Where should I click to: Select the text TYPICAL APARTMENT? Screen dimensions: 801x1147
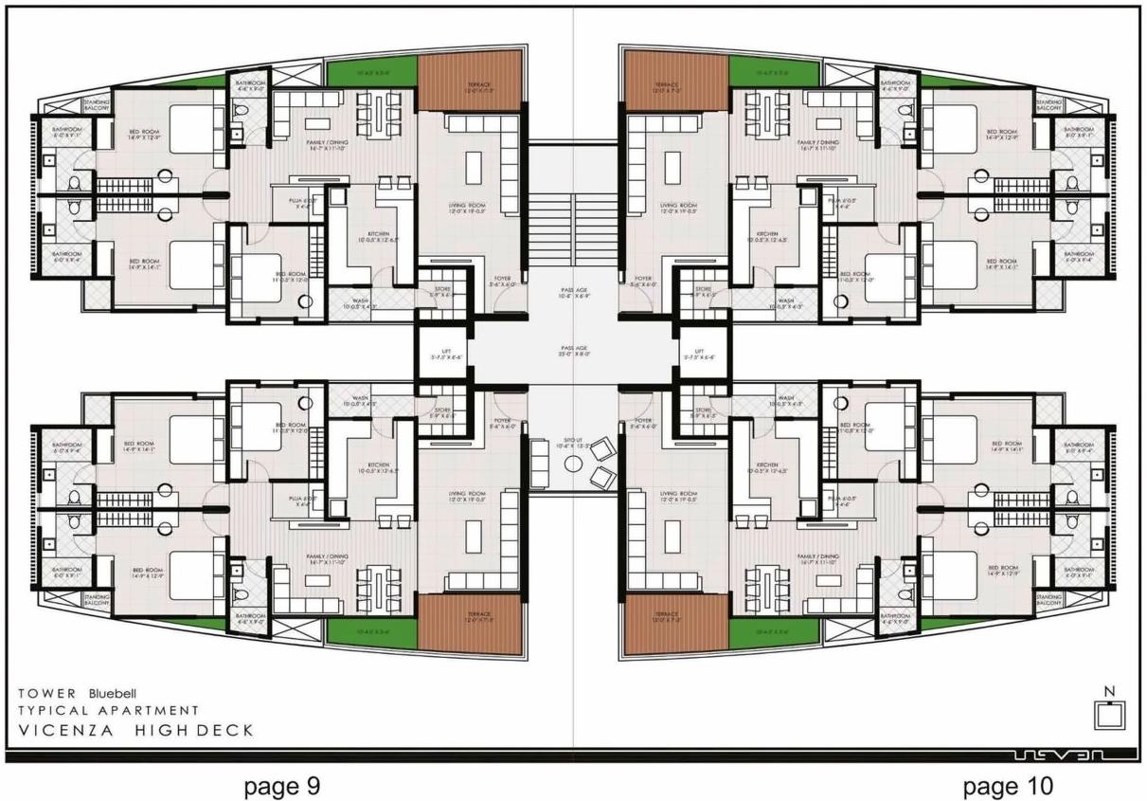click(108, 710)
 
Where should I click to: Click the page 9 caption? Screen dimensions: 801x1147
click(282, 786)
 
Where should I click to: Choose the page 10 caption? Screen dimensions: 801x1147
click(1007, 786)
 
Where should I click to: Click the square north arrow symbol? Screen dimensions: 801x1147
click(1109, 716)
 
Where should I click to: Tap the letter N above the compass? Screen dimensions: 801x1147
click(1109, 691)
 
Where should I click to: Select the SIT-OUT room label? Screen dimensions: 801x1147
click(572, 443)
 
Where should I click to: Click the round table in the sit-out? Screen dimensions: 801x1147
click(572, 464)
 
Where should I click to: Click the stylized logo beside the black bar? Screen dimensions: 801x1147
click(1069, 755)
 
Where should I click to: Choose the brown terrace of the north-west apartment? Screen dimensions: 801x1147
click(471, 81)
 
